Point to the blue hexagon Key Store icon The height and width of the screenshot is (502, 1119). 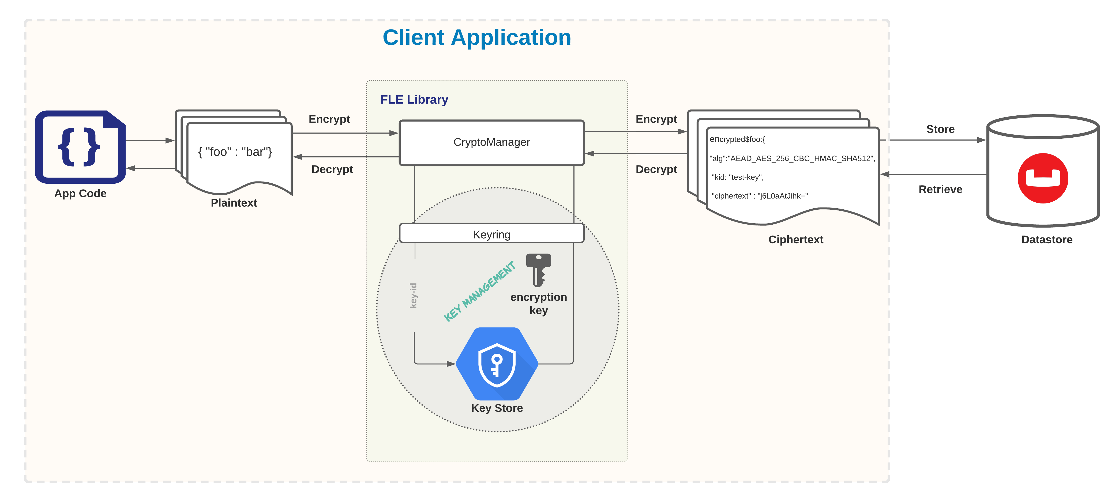(x=497, y=364)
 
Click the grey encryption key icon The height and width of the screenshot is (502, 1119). (x=538, y=270)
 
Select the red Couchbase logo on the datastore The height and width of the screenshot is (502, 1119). (x=1043, y=178)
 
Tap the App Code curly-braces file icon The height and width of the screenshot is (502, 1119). (x=80, y=147)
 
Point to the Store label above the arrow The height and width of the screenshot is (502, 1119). (x=940, y=129)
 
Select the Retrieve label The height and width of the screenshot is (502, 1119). (x=940, y=189)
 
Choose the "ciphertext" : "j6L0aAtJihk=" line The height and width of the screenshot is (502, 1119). (x=759, y=196)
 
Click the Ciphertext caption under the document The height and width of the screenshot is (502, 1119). (x=795, y=239)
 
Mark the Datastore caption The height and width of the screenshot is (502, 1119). (x=1046, y=239)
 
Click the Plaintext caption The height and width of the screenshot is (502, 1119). (x=234, y=203)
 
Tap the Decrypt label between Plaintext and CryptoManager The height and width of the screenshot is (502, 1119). (x=332, y=169)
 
